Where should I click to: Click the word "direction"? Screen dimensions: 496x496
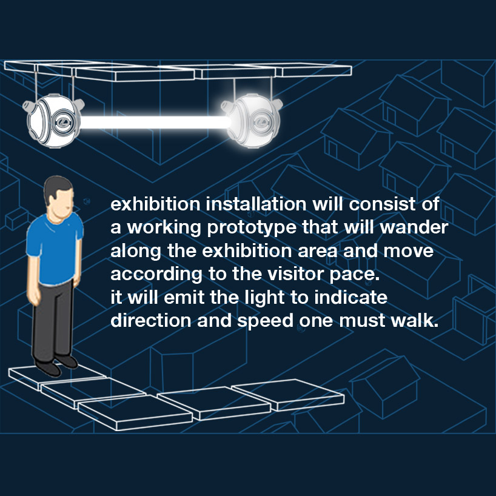pos(151,320)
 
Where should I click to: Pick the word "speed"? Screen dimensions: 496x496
pos(266,321)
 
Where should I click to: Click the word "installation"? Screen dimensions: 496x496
pos(256,204)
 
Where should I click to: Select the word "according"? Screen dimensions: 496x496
pos(156,275)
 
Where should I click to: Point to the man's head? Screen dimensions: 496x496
pos(59,197)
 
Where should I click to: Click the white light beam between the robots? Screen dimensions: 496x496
pos(155,122)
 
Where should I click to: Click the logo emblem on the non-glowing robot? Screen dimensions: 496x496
pos(64,122)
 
